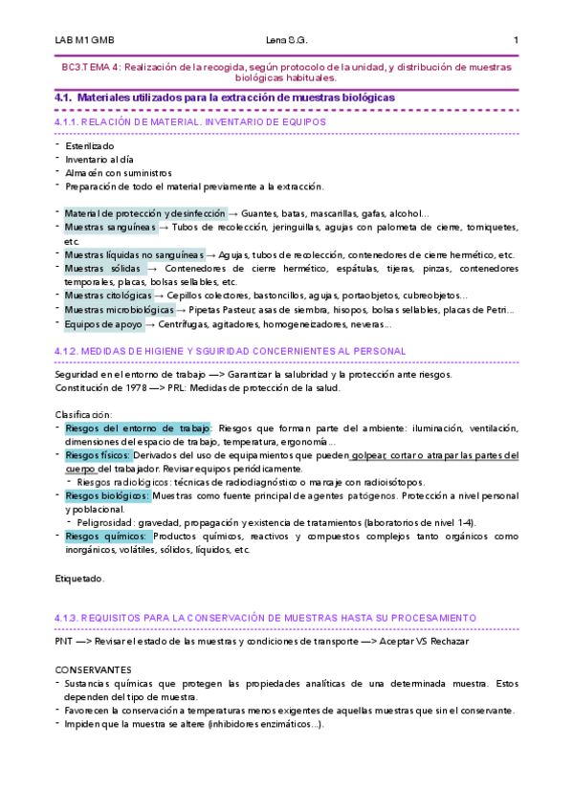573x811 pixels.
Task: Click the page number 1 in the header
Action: (x=516, y=40)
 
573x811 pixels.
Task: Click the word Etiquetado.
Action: (x=80, y=579)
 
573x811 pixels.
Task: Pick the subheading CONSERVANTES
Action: (x=94, y=669)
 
